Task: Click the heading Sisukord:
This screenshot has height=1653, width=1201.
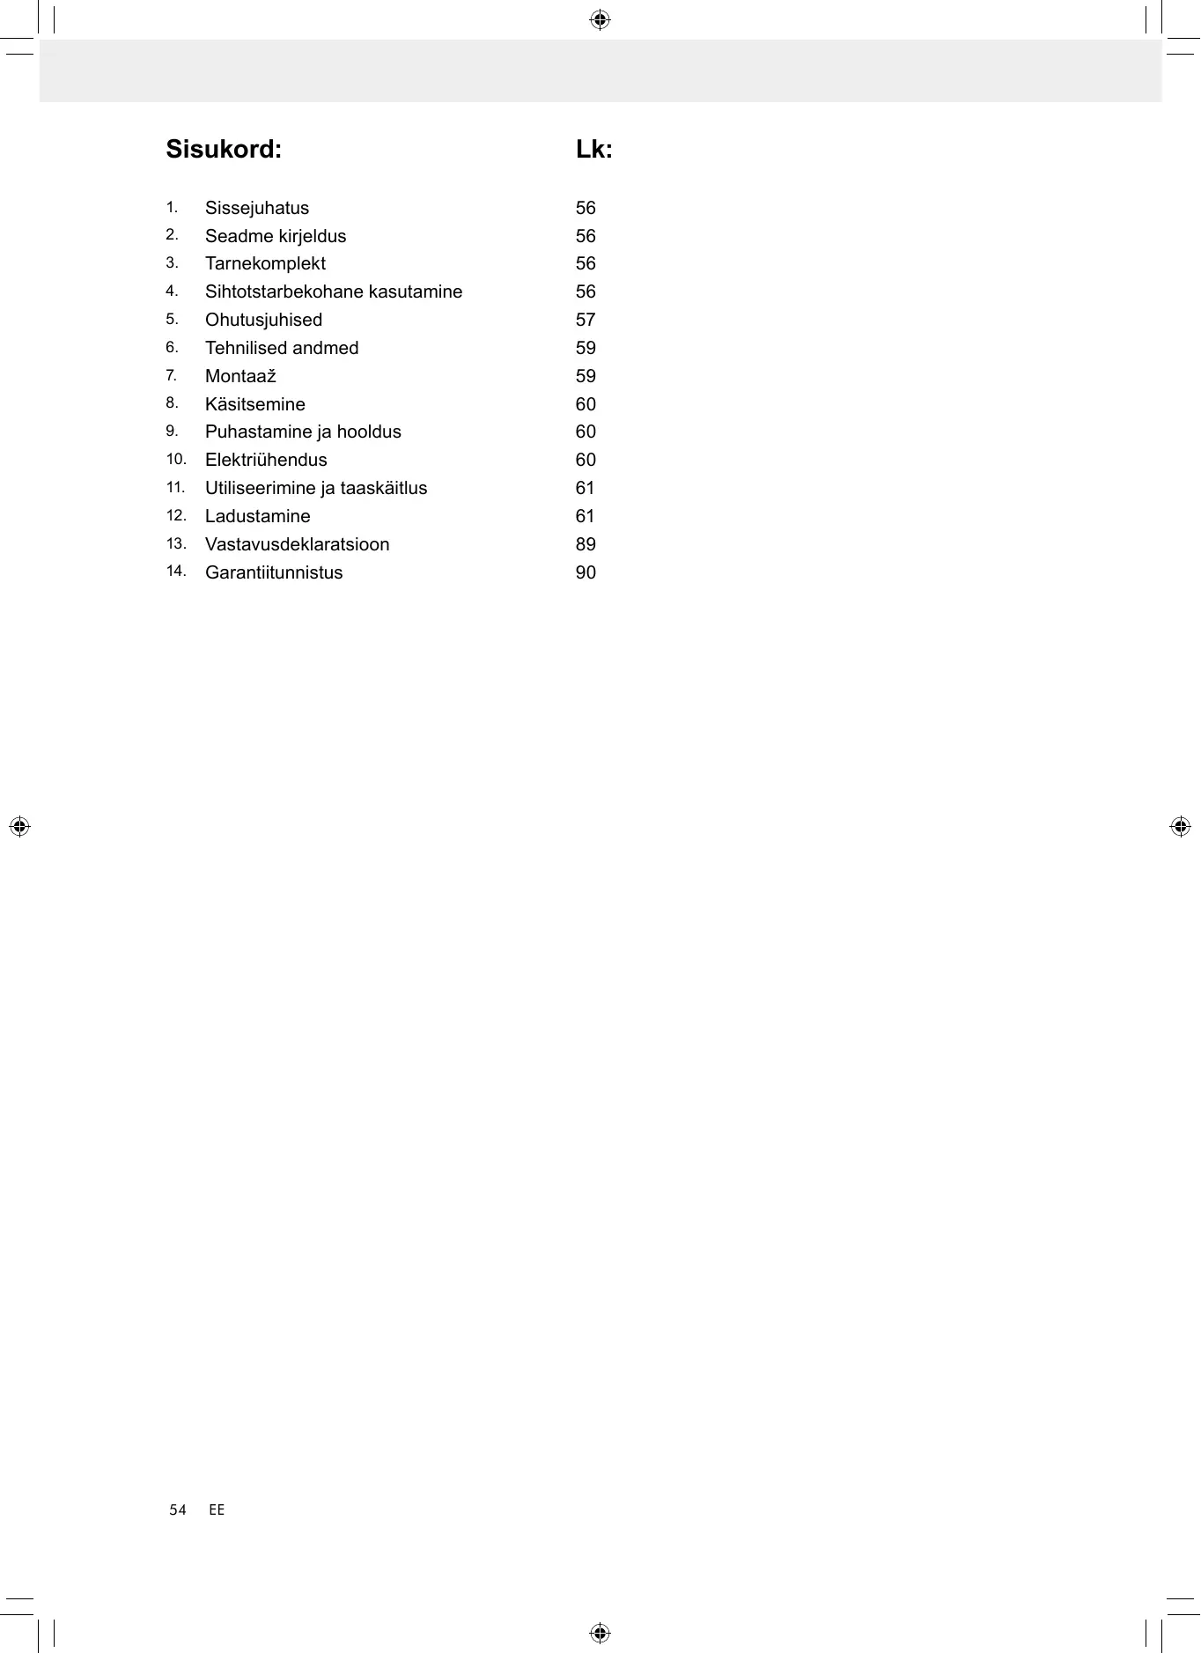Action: (224, 150)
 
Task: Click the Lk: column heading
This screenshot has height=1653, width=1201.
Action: (593, 150)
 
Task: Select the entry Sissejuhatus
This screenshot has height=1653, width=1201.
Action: (257, 209)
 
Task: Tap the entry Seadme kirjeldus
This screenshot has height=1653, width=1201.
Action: (276, 237)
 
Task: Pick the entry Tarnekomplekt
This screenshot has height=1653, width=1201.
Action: (265, 264)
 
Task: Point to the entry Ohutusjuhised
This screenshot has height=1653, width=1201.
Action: (263, 321)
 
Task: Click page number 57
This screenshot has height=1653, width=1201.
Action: (586, 321)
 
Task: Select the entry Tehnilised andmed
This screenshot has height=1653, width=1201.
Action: (282, 349)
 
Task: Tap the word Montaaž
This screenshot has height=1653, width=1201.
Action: (240, 377)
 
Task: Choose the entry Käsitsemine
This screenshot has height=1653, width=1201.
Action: (255, 405)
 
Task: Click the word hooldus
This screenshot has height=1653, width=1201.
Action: (369, 432)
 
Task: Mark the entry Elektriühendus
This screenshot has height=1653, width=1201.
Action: (266, 461)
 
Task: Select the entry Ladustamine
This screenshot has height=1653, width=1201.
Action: (257, 517)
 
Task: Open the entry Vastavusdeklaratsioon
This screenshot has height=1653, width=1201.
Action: (297, 545)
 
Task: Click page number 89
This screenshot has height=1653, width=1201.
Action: (586, 545)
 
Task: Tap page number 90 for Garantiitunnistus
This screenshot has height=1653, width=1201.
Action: (586, 573)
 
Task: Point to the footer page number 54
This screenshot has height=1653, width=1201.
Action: (178, 1510)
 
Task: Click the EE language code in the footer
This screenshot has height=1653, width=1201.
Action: (217, 1510)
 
